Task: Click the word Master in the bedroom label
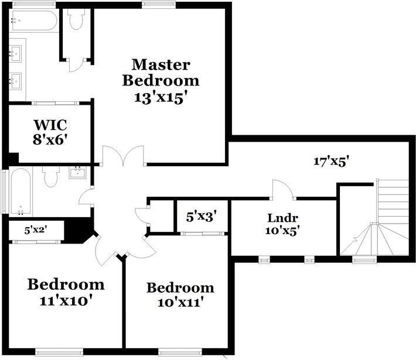click(x=160, y=64)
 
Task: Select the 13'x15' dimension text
click(x=160, y=97)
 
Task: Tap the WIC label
click(x=50, y=125)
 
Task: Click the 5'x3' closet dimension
click(x=202, y=217)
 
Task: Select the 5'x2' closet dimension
click(x=35, y=230)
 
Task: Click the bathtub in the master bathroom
click(x=33, y=22)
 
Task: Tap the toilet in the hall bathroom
click(x=51, y=176)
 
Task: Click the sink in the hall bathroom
click(x=77, y=172)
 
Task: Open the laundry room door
click(x=283, y=188)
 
